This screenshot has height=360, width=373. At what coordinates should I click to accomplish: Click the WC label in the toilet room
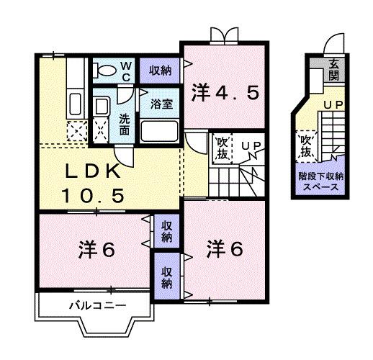pos(125,71)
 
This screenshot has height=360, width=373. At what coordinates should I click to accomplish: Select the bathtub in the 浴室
pos(160,131)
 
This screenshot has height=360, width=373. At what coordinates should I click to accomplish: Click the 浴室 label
pos(161,103)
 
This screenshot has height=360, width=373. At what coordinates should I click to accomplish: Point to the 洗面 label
pos(124,123)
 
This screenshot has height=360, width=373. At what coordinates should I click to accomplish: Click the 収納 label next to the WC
pos(160,70)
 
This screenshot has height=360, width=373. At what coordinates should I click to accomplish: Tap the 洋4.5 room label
pos(225,92)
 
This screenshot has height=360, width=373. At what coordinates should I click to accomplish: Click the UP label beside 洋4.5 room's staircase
pos(251,147)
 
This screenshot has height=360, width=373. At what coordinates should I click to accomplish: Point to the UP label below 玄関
pos(333,106)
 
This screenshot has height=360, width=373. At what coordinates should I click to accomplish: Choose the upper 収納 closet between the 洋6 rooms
pos(167,231)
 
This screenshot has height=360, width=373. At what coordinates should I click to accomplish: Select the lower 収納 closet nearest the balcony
pos(167,277)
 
